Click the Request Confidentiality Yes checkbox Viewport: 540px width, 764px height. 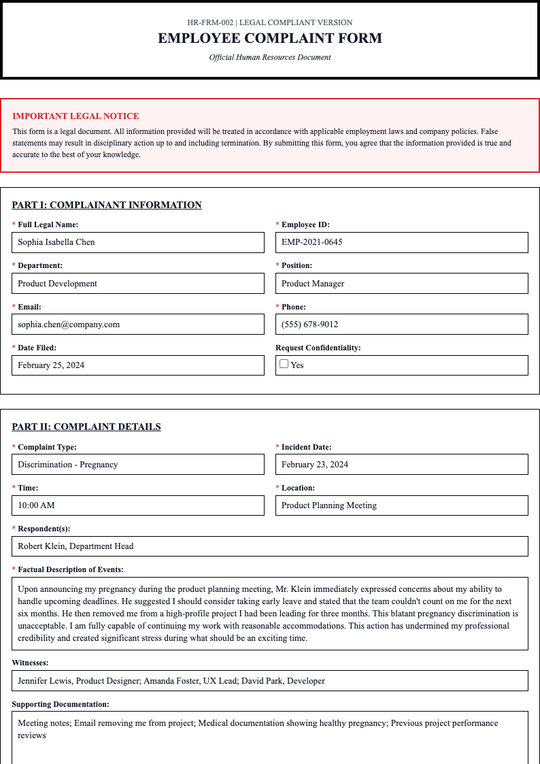point(284,364)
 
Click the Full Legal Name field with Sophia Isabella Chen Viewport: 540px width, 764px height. point(138,242)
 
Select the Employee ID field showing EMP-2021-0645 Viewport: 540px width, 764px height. point(401,242)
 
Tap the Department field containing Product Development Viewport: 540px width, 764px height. point(138,284)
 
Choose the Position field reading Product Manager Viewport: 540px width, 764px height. point(401,284)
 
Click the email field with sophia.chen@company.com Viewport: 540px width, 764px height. point(138,325)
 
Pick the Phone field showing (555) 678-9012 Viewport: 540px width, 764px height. point(401,325)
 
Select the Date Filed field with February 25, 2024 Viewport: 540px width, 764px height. point(138,365)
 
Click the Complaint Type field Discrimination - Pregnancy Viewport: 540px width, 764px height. point(138,465)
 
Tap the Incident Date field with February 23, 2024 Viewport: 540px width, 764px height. point(401,465)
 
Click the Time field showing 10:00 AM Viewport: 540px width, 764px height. point(138,505)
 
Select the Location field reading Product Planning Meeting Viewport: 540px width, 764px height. point(401,505)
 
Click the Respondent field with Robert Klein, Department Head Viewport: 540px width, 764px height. point(270,546)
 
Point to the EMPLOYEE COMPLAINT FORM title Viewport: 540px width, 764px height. point(270,39)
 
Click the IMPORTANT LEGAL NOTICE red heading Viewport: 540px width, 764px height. point(75,116)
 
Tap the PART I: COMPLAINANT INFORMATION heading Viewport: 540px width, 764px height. point(107,205)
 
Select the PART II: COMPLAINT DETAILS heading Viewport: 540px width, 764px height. point(86,427)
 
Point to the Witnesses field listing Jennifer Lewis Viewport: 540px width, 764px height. point(270,681)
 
